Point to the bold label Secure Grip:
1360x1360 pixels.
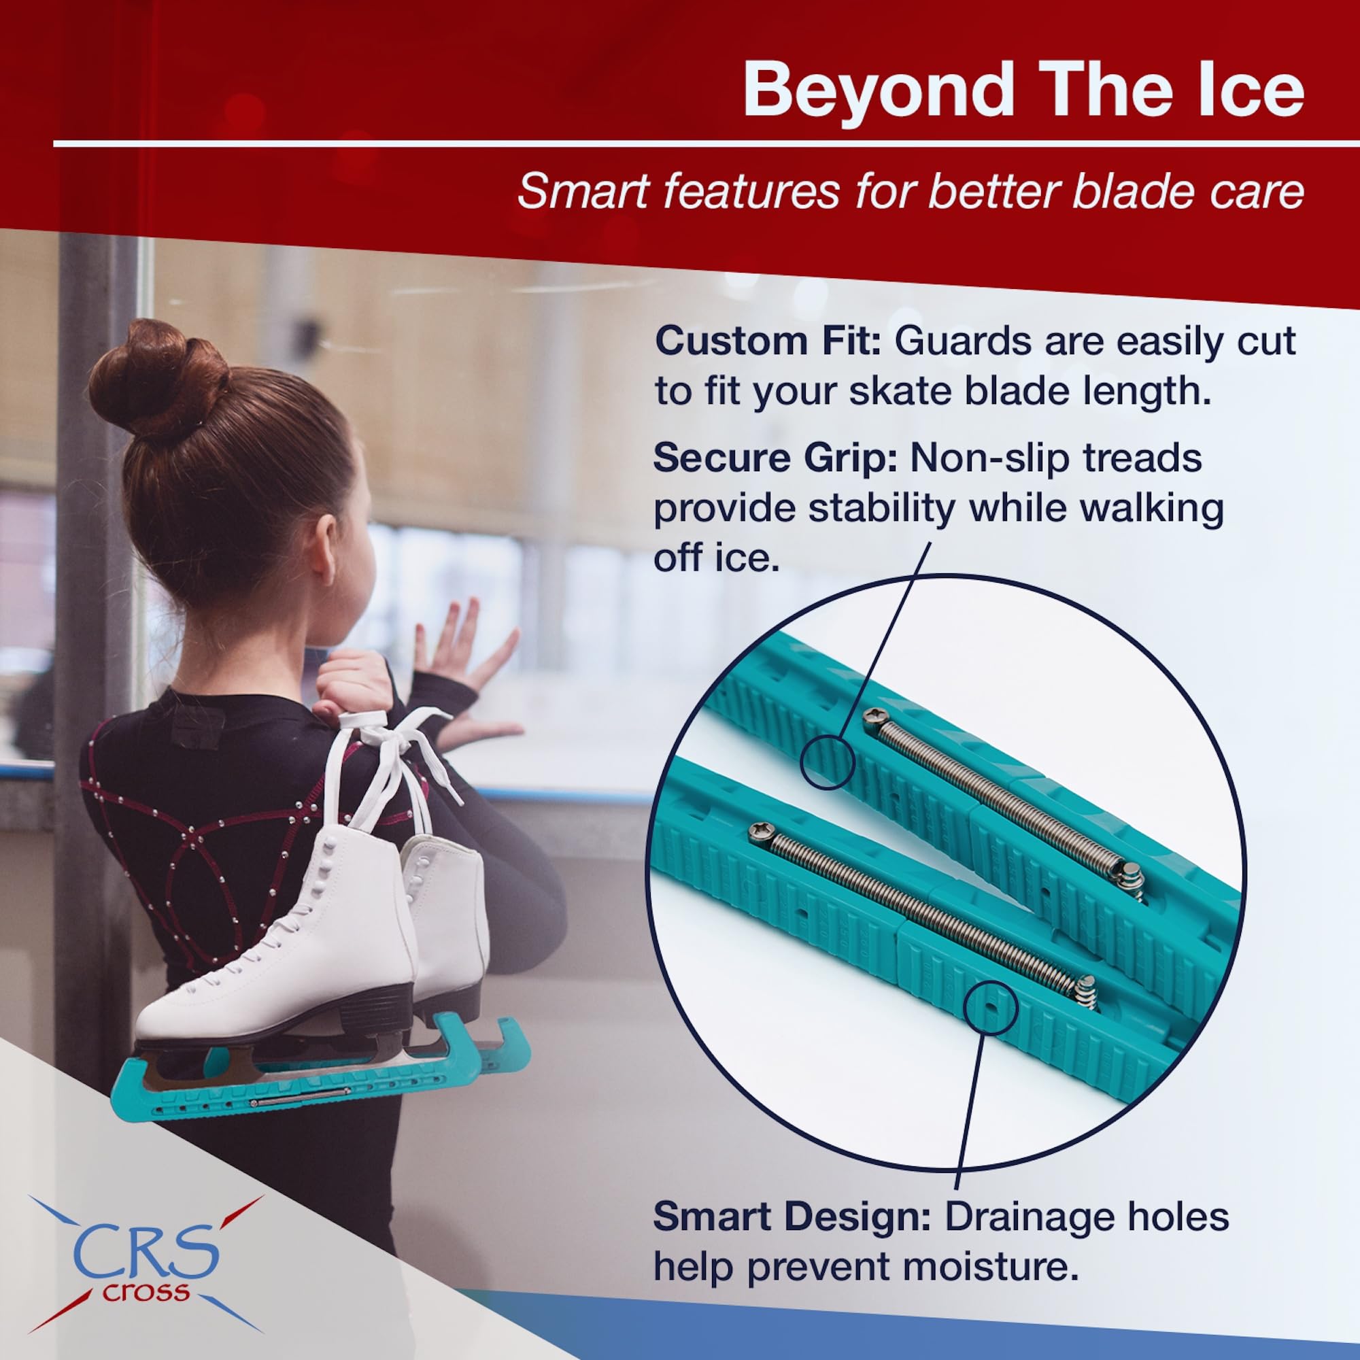tap(775, 458)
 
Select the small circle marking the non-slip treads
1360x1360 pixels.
tap(828, 762)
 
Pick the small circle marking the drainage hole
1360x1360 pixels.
tap(992, 1007)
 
